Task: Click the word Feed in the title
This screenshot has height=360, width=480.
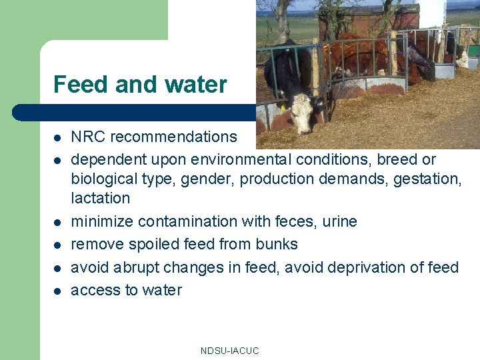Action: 81,85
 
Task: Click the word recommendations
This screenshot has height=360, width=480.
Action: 173,137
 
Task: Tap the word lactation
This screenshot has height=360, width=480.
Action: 101,198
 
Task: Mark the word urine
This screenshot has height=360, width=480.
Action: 337,221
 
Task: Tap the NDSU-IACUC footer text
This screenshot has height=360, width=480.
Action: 229,351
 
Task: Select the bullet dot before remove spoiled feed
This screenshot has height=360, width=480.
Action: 57,245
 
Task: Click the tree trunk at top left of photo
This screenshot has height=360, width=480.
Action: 283,20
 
